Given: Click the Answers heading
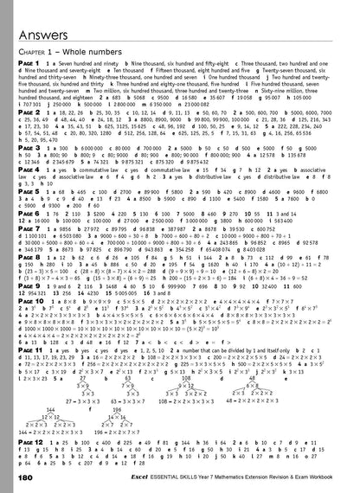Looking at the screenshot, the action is click(43, 16).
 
